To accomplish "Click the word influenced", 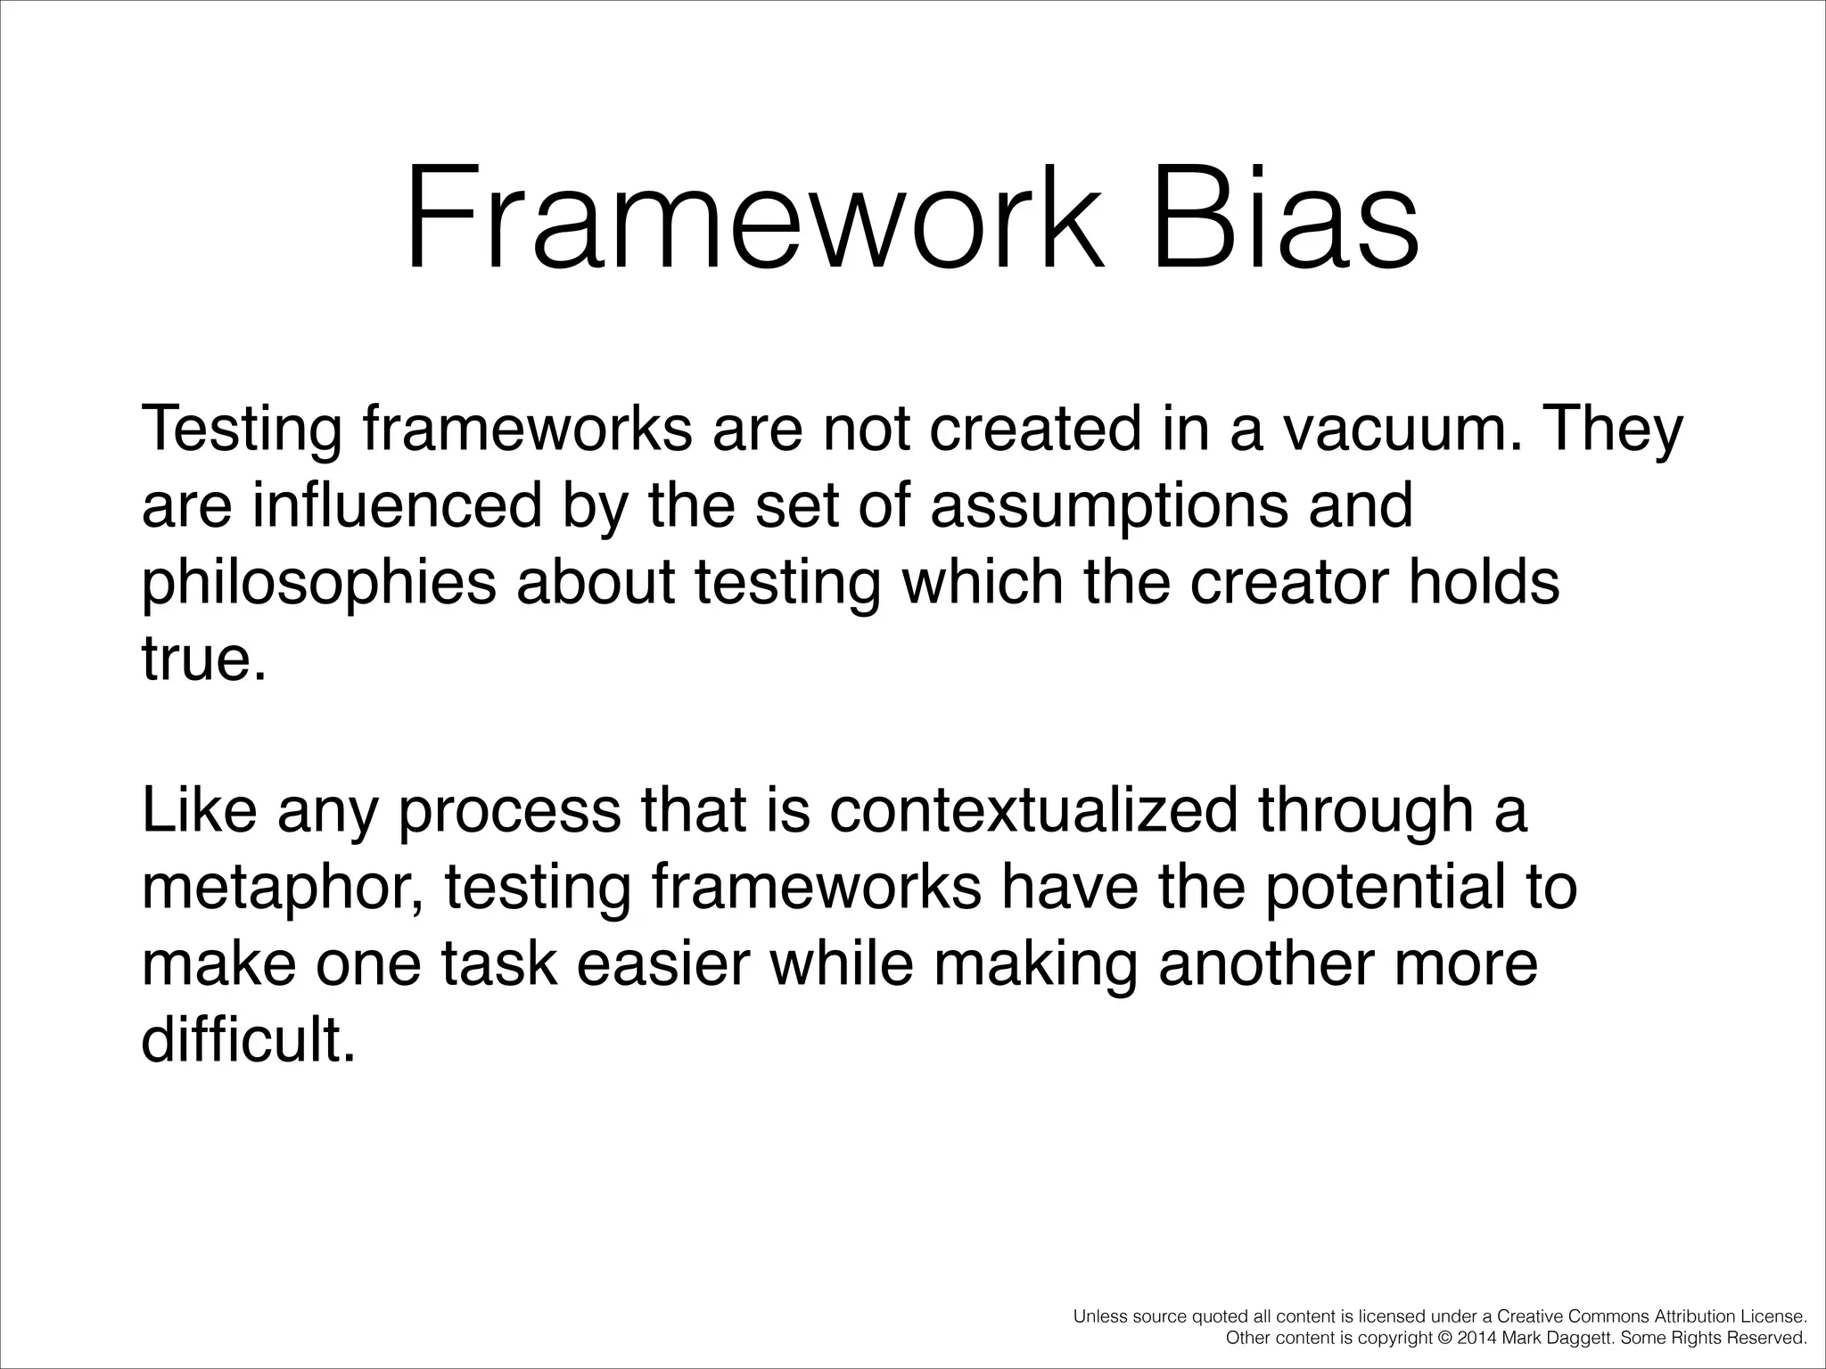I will (x=397, y=505).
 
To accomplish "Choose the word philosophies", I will (x=318, y=584).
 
